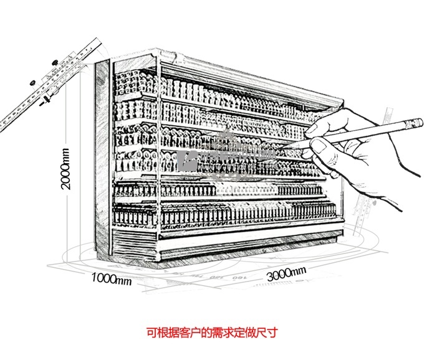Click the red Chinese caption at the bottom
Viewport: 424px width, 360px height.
pyautogui.click(x=211, y=332)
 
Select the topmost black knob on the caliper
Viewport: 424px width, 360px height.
pyautogui.click(x=54, y=62)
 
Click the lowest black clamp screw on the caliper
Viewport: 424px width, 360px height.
pyautogui.click(x=42, y=104)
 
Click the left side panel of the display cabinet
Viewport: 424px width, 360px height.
pyautogui.click(x=104, y=162)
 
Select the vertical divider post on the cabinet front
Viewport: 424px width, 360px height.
pyautogui.click(x=159, y=156)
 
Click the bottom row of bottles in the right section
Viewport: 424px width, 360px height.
pyautogui.click(x=249, y=215)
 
